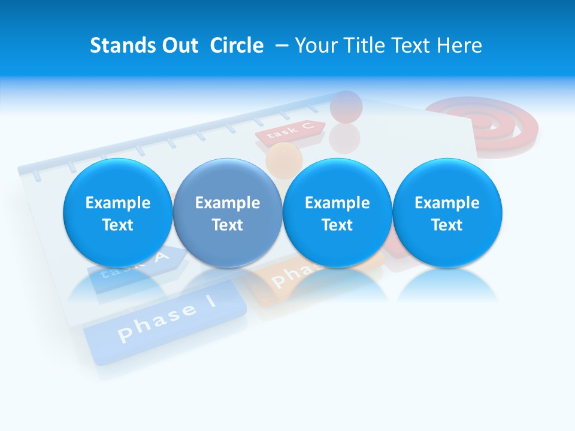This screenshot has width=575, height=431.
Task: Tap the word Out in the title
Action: pyautogui.click(x=178, y=45)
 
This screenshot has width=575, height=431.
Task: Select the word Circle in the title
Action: pyautogui.click(x=237, y=45)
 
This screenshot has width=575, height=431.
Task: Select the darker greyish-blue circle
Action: pyautogui.click(x=227, y=213)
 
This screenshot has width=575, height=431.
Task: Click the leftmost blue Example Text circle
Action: pyautogui.click(x=117, y=213)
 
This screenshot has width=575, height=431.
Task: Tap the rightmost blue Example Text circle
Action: pyautogui.click(x=447, y=213)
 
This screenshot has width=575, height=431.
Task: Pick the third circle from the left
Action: pyautogui.click(x=337, y=213)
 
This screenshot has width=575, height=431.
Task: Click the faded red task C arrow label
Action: pyautogui.click(x=290, y=132)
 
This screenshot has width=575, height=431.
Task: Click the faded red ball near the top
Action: pyautogui.click(x=346, y=107)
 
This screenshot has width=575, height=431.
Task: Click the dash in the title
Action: pyautogui.click(x=279, y=45)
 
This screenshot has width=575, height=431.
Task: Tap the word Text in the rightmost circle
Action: pyautogui.click(x=447, y=225)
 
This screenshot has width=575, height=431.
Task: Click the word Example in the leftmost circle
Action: pyautogui.click(x=117, y=203)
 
